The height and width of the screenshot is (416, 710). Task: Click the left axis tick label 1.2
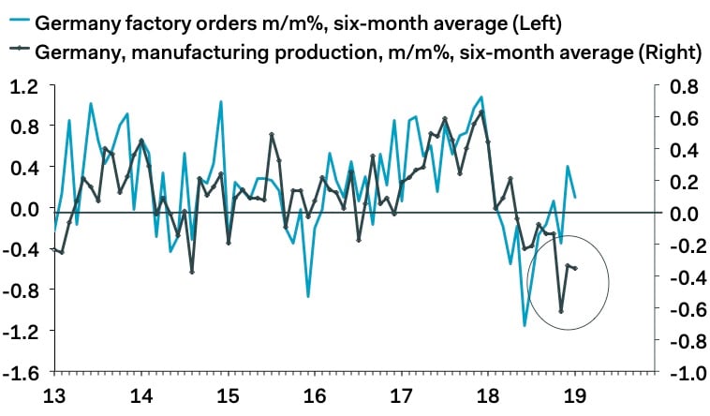26,86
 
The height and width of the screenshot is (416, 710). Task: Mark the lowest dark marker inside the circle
561,311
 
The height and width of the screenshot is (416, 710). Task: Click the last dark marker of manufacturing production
575,269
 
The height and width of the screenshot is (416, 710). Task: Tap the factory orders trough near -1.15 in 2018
525,325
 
